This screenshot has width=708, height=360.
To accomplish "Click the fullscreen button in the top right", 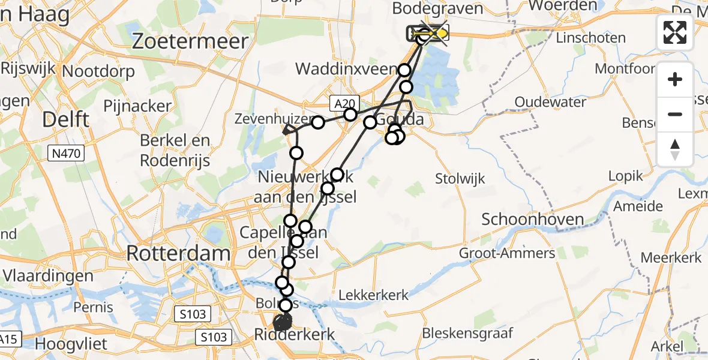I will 675,32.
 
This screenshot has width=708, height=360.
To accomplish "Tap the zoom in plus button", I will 675,79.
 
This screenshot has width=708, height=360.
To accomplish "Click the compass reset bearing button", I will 675,149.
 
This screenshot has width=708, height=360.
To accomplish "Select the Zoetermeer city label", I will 190,41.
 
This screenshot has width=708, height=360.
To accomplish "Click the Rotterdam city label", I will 178,253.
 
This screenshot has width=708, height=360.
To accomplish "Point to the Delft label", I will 67,120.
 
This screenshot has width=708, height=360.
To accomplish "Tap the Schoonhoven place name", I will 524,220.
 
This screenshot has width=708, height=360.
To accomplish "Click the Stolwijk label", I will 460,178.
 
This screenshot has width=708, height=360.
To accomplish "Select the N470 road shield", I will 66,154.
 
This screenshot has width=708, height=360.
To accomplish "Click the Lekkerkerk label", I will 373,295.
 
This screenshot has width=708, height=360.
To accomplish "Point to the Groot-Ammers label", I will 507,253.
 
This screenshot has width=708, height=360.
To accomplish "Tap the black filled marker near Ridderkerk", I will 283,323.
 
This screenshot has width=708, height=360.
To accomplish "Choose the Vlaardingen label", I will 47,277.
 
